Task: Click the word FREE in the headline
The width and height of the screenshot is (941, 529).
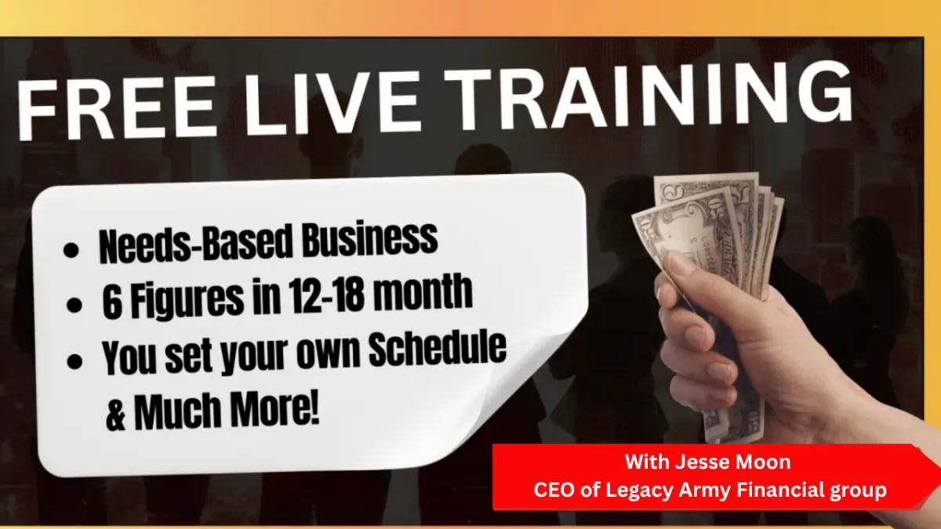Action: click(115, 109)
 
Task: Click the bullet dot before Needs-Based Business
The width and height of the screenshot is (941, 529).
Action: click(71, 250)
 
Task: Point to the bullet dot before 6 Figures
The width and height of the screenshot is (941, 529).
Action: click(74, 305)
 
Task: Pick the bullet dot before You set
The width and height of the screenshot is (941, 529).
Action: click(74, 362)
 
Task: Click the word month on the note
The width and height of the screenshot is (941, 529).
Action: click(421, 292)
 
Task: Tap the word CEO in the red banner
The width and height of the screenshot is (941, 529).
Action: click(554, 490)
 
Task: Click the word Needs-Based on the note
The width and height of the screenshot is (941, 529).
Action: click(196, 244)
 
